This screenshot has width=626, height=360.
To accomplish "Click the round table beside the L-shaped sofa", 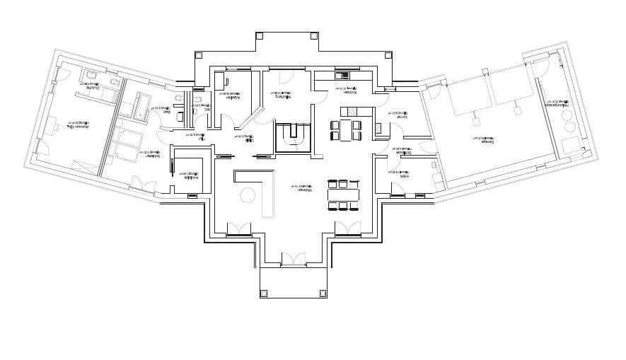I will pos(248,194).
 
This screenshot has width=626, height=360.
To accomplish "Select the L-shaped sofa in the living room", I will pos(262,187).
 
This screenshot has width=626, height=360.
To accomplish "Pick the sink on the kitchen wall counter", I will pos(343,75).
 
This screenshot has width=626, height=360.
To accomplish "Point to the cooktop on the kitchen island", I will pos(351,112).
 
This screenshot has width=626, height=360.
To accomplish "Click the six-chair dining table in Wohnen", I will pos(342,194).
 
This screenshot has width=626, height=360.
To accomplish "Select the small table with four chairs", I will pos(346,130).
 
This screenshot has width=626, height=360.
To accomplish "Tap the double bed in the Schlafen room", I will pos(129,141).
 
